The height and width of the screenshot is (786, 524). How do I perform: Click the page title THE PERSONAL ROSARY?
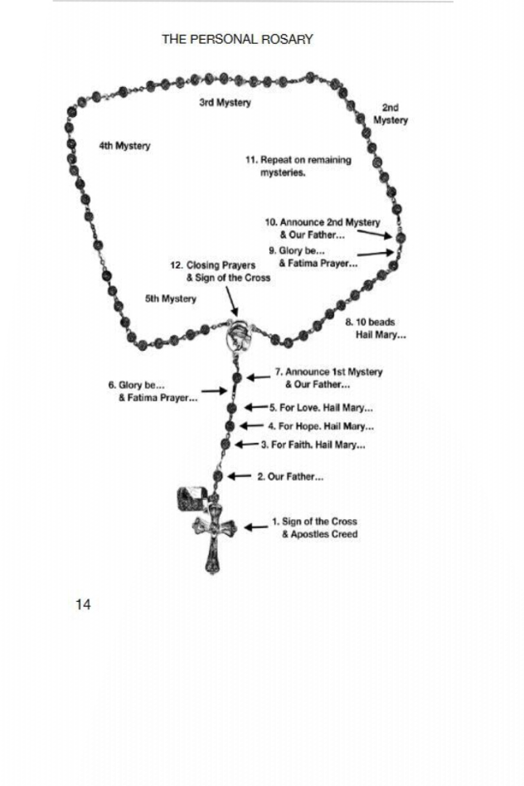(237, 39)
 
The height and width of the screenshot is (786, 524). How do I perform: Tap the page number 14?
(83, 604)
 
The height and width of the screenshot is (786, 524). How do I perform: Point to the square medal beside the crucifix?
(192, 499)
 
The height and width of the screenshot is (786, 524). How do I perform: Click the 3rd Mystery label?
(225, 102)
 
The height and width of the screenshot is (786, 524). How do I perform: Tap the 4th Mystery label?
(124, 146)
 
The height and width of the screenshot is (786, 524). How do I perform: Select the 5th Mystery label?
(171, 298)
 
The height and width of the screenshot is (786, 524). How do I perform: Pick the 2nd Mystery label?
(391, 114)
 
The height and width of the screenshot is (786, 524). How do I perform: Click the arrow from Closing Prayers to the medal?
(230, 301)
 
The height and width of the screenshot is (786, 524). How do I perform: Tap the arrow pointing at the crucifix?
(256, 527)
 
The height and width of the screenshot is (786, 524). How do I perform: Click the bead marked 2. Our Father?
(217, 476)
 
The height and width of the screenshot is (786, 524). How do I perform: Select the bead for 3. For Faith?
(226, 444)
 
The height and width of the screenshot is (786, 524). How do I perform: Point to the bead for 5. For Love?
(231, 408)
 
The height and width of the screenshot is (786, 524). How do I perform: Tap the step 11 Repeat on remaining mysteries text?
(298, 166)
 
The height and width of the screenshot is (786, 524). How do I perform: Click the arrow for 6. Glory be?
(214, 391)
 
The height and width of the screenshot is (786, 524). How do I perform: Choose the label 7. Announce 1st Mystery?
(328, 378)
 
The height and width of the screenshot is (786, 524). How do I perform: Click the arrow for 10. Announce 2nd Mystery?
(374, 234)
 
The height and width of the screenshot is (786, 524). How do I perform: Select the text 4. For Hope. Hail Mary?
(320, 427)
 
